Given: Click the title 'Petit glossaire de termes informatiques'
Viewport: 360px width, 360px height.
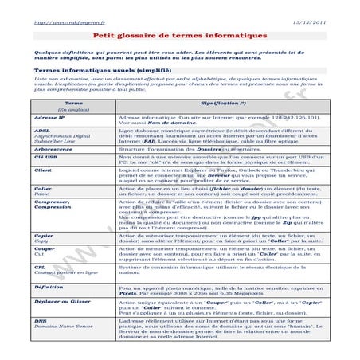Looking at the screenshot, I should [x=179, y=36].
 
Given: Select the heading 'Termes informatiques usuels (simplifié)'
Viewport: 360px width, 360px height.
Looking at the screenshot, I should [x=93, y=70].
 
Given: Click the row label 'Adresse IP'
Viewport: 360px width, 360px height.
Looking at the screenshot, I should [x=49, y=116].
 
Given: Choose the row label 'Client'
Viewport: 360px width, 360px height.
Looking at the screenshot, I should [x=44, y=170].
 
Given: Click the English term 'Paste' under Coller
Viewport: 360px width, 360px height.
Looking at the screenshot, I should [x=43, y=195].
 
